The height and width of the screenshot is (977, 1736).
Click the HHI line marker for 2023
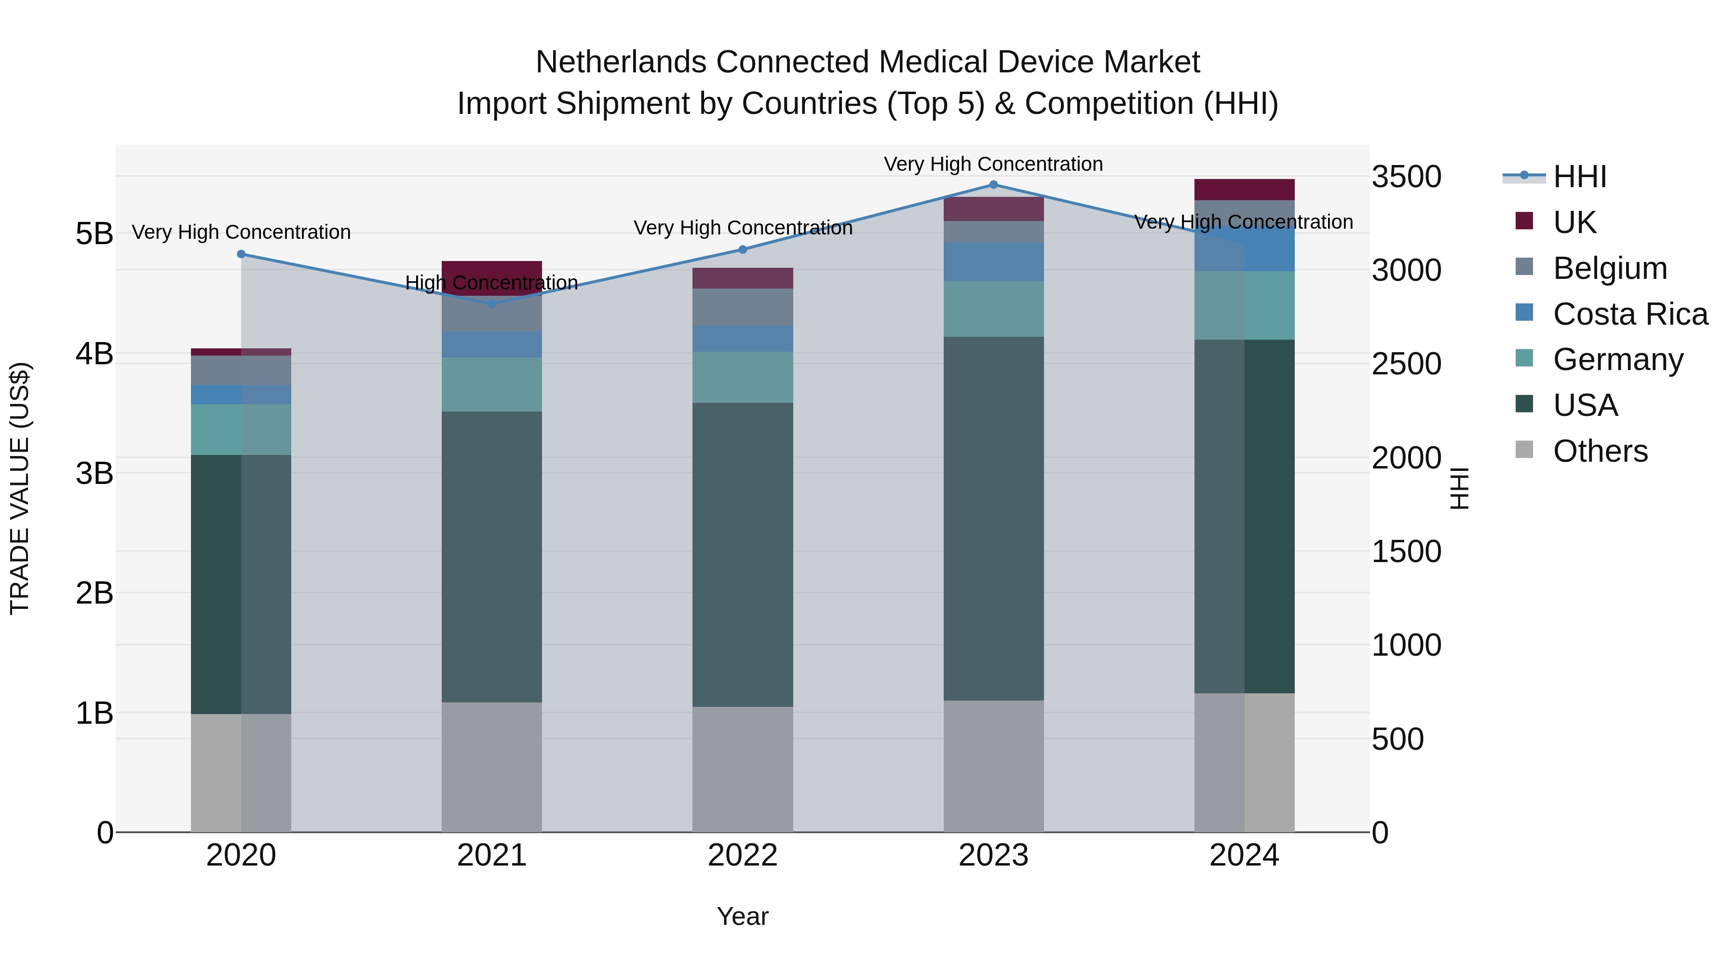993,185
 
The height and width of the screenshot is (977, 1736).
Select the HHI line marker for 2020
241,254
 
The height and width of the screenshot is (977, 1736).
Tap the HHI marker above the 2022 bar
743,249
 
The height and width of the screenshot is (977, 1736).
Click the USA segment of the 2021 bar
492,556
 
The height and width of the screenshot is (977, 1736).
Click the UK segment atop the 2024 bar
1244,190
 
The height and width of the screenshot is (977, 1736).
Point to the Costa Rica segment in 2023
993,261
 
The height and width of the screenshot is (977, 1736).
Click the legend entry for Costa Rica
1629,314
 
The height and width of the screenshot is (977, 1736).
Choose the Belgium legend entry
1609,268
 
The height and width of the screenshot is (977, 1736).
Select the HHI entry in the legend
1579,177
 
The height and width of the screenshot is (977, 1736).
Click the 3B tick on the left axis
95,473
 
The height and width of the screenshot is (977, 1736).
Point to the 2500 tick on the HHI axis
1407,364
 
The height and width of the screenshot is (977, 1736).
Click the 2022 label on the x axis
743,855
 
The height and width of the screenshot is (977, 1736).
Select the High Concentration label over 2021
492,283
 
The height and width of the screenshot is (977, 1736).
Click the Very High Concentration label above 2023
993,164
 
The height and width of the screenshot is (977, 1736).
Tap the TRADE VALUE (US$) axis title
20,488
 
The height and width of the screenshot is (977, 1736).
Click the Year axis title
743,916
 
